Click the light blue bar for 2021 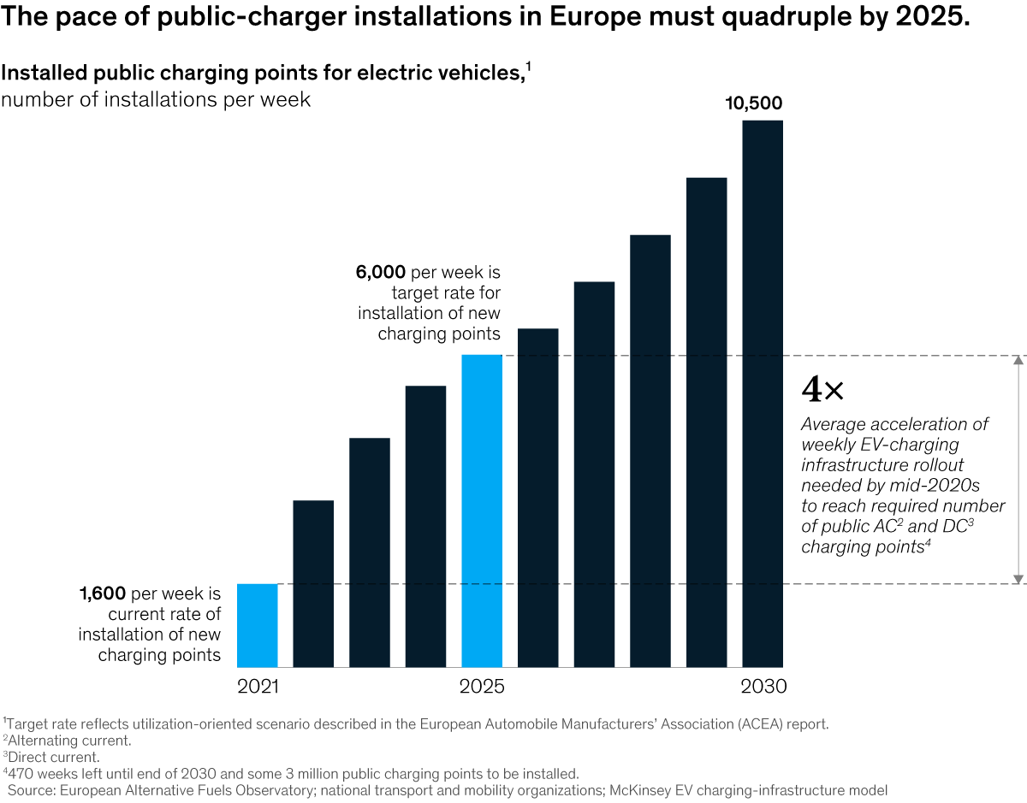[x=257, y=625]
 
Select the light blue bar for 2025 [x=482, y=511]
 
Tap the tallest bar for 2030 [x=762, y=393]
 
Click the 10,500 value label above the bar [x=753, y=104]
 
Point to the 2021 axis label [x=258, y=687]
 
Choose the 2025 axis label [x=482, y=687]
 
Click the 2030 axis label [x=763, y=687]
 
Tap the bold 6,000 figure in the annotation [x=381, y=273]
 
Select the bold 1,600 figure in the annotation [x=103, y=593]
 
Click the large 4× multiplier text [x=822, y=391]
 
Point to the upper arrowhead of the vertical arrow [x=1018, y=360]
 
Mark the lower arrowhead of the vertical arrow [x=1018, y=579]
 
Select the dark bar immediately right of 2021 [x=313, y=583]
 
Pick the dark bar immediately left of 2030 [x=706, y=422]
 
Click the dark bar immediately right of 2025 [x=537, y=498]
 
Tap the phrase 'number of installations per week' [x=156, y=99]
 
